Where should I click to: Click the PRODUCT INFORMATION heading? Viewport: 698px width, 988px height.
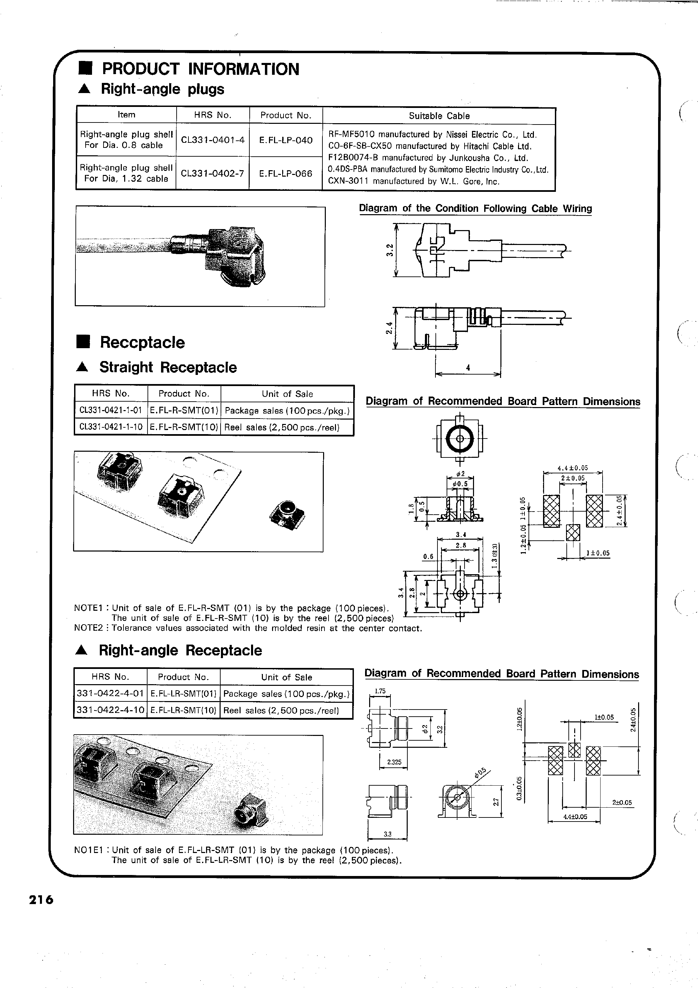[200, 69]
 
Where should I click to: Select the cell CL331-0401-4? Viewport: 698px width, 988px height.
[212, 140]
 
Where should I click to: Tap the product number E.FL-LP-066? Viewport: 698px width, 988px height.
[286, 174]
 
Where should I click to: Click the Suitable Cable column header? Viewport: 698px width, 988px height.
[439, 116]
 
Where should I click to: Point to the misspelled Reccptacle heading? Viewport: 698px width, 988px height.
[142, 342]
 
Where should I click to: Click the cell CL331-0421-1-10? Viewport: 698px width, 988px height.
[111, 427]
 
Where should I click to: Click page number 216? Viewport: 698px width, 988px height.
[41, 900]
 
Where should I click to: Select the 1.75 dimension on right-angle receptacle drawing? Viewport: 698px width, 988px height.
[380, 691]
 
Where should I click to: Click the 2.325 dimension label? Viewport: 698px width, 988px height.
[394, 762]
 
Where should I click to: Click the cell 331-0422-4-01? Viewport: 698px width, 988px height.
[110, 693]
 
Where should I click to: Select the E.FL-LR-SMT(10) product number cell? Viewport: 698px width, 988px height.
[183, 710]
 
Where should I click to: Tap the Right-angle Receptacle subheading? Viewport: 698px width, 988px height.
[180, 650]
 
